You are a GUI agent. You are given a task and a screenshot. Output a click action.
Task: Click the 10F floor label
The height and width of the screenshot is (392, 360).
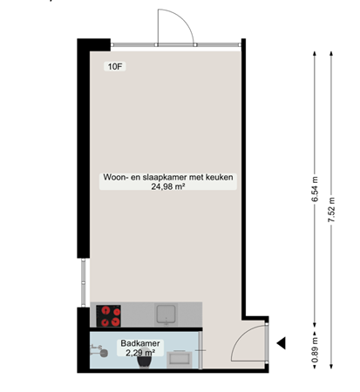(x=115, y=66)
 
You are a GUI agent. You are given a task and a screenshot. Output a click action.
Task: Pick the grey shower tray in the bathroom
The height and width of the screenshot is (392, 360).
(x=180, y=357)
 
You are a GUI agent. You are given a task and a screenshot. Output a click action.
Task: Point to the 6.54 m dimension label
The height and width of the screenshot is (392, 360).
(x=314, y=191)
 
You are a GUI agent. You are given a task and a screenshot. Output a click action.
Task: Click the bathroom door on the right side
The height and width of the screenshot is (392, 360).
(x=203, y=352)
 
